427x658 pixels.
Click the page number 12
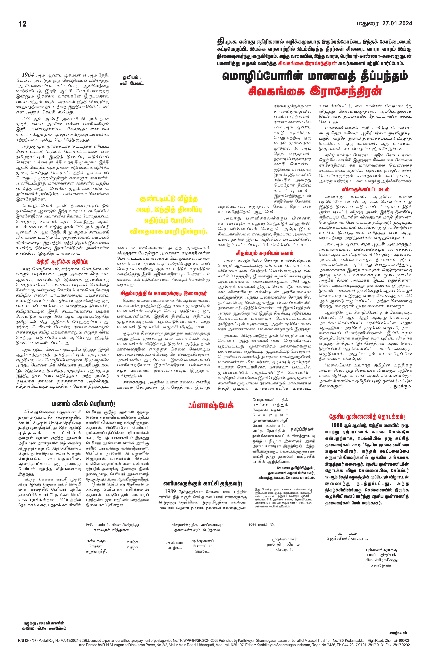pos(22,24)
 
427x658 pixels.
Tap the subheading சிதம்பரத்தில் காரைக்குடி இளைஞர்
pos(163,293)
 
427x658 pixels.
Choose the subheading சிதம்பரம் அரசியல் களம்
pos(264,253)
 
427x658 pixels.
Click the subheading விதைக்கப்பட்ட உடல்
pos(366,189)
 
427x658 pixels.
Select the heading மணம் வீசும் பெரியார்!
pos(84,404)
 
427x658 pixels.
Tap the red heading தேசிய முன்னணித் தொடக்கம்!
pos(367,417)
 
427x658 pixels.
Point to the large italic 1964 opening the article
pos(28,75)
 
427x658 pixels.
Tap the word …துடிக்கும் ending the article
pos(400,386)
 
